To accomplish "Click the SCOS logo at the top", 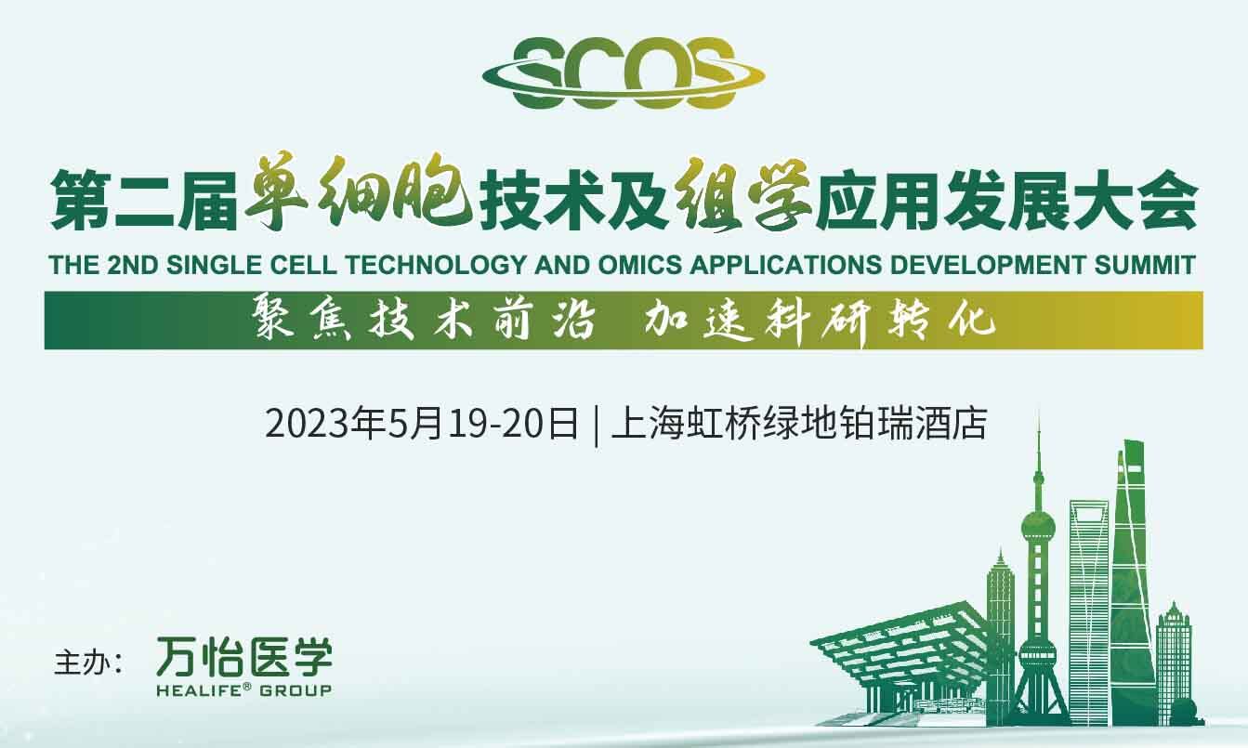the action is pos(624,72).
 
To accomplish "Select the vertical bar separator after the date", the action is pos(596,426).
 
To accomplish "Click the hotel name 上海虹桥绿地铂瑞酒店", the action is pos(799,425).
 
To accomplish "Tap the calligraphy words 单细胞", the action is pos(358,191).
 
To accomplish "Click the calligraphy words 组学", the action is pos(742,192).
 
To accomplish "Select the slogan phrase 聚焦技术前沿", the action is pos(424,321).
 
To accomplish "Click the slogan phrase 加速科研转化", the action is pos(820,322).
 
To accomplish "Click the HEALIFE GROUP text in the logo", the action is pos(244,690).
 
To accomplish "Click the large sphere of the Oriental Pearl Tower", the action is pos(1038,525).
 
